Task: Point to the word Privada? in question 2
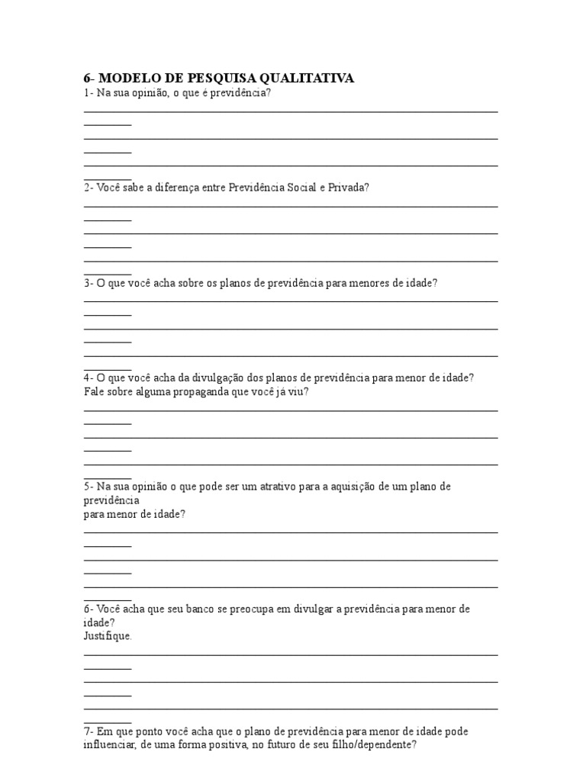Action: point(349,187)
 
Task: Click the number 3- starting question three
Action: point(89,282)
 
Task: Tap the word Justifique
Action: point(108,635)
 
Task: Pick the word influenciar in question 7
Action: point(111,745)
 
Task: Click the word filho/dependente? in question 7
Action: point(375,745)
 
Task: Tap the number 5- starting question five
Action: point(89,486)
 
